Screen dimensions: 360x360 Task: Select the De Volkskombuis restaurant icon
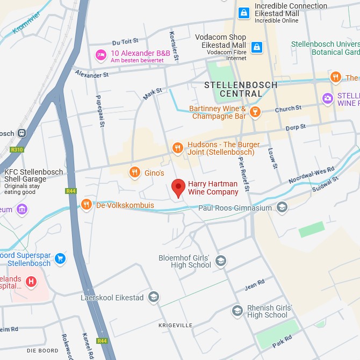tap(86, 204)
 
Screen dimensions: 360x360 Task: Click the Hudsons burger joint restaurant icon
tap(177, 148)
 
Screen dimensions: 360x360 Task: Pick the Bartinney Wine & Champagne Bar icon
tap(256, 112)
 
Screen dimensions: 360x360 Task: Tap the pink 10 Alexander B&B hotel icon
tap(100, 54)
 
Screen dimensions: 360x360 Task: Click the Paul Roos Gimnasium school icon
tap(282, 207)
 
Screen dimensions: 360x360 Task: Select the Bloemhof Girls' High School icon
tap(220, 261)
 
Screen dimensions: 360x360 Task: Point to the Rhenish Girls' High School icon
tap(237, 311)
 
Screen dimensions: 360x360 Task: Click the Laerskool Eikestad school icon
tap(154, 297)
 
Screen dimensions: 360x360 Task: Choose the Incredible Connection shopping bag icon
tap(243, 12)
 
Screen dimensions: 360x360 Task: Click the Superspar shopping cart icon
tap(60, 258)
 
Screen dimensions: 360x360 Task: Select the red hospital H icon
tap(31, 281)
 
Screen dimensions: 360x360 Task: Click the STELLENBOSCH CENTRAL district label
tap(241, 89)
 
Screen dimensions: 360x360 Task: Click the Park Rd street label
tap(281, 339)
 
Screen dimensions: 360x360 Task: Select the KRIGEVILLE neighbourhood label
tap(175, 326)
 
